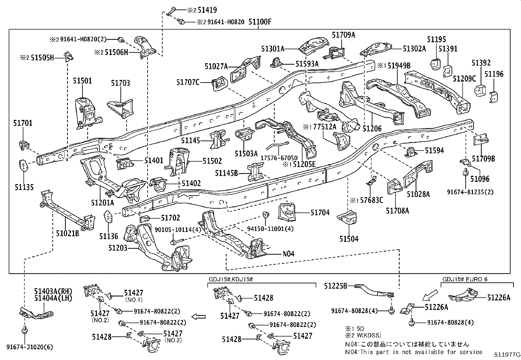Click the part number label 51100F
tap(260, 22)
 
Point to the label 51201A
tap(103, 203)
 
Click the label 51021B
tap(67, 234)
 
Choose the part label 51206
tap(372, 129)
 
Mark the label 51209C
tap(464, 79)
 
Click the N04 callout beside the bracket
tap(289, 254)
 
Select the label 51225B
tap(335, 286)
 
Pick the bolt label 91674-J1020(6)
tap(29, 347)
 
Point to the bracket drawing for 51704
tap(288, 212)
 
